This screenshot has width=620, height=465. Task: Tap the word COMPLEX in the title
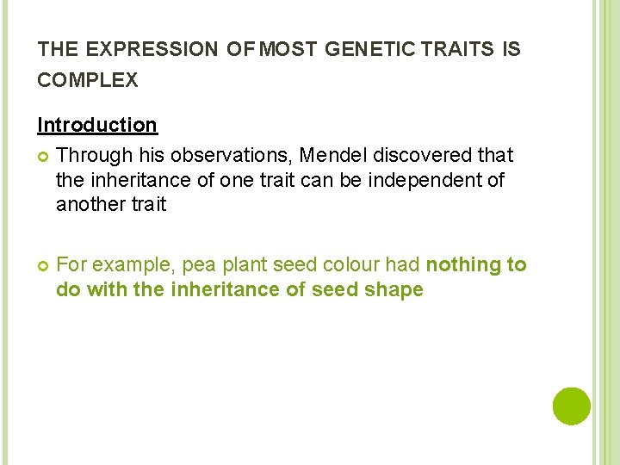tap(87, 80)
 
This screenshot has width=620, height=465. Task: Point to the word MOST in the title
tap(289, 50)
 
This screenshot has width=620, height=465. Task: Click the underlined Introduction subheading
tap(97, 125)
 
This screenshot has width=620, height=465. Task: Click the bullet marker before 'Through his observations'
tap(43, 156)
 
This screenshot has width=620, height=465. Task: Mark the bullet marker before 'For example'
tap(43, 266)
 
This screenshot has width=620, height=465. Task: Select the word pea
tap(199, 266)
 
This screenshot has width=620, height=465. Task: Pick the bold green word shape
tap(394, 290)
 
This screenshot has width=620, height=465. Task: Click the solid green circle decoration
tap(572, 406)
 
